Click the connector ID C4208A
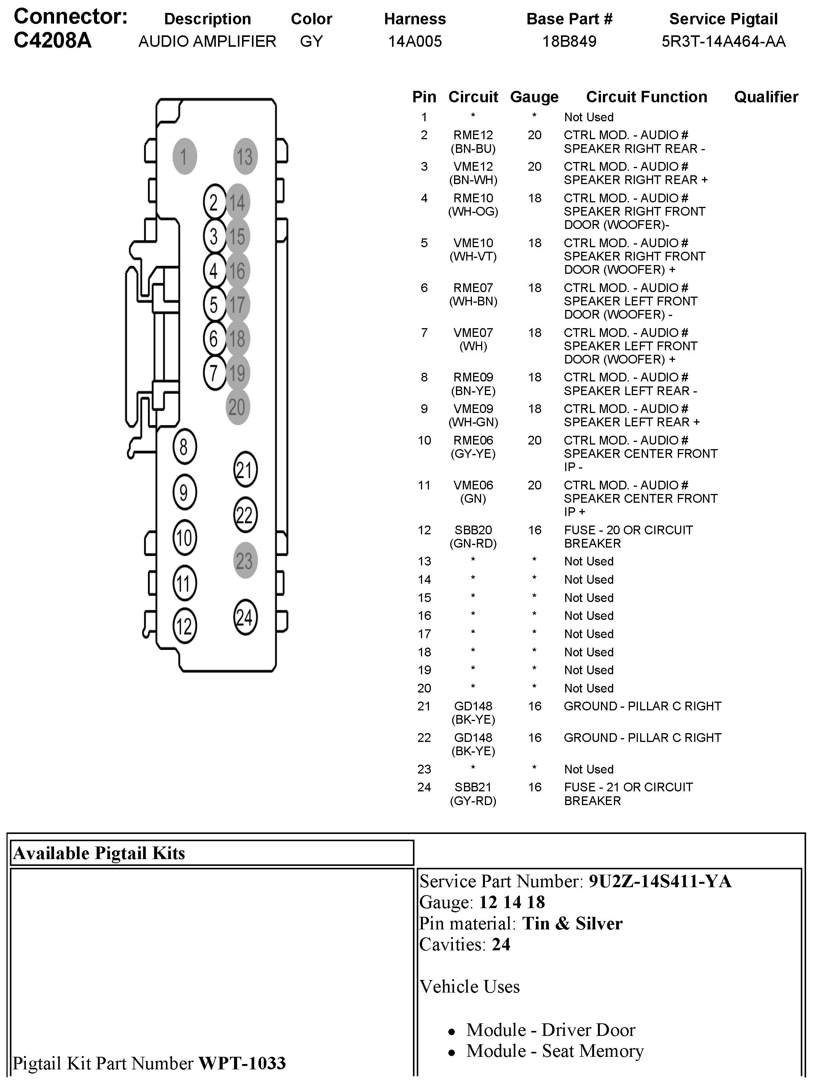tap(53, 41)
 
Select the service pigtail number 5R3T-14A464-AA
tap(723, 41)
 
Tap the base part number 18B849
tap(569, 41)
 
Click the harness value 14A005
tap(415, 41)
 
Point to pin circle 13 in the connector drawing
tap(245, 157)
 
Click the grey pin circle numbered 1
tap(184, 157)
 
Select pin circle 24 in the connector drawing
tap(245, 617)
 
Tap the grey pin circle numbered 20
tap(237, 407)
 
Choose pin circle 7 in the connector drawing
tap(214, 373)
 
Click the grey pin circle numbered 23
tap(245, 561)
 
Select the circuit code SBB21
tap(473, 787)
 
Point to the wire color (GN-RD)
tap(473, 543)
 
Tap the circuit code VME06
tap(473, 485)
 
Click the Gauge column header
tap(534, 97)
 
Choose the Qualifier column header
tap(766, 97)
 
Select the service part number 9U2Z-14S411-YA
tap(660, 881)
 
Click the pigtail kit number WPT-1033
tap(242, 1063)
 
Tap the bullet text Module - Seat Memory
tap(555, 1051)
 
